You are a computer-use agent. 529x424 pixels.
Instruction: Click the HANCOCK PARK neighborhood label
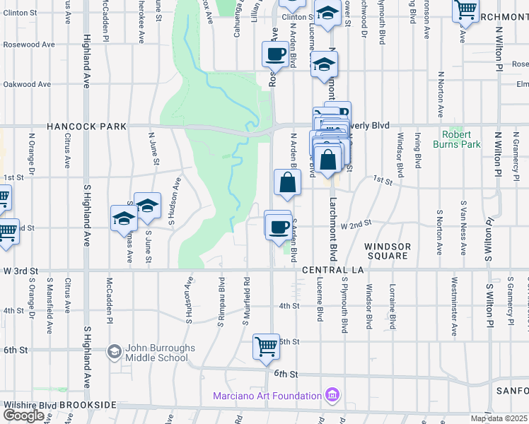pyautogui.click(x=86, y=126)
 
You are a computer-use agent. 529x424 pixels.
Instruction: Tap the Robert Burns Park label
pyautogui.click(x=461, y=139)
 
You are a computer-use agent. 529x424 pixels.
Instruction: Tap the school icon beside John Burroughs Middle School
pyautogui.click(x=114, y=351)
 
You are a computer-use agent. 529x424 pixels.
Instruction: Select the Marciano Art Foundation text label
pyautogui.click(x=267, y=395)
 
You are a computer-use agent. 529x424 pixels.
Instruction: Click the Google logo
pyautogui.click(x=23, y=416)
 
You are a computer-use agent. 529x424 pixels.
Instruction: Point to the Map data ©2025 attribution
pyautogui.click(x=499, y=418)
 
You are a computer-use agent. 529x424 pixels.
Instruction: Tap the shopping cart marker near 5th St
pyautogui.click(x=266, y=347)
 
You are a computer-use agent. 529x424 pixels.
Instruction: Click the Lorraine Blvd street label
pyautogui.click(x=392, y=307)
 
